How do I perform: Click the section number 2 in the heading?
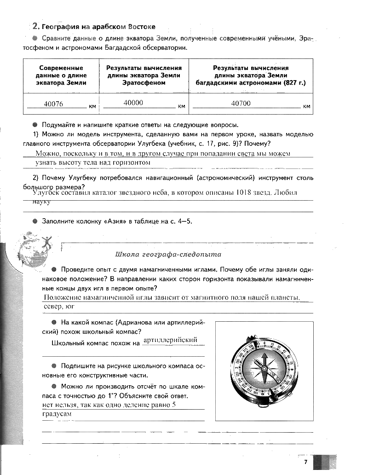35,26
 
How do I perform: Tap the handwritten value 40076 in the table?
53,104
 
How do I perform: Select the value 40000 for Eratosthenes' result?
133,103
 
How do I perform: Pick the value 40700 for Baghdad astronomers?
241,104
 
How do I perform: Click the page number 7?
305,463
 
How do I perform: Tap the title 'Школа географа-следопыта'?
168,254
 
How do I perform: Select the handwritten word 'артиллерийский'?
170,340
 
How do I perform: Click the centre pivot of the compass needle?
264,368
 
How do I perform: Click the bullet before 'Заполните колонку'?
35,221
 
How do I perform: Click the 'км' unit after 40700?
307,107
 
